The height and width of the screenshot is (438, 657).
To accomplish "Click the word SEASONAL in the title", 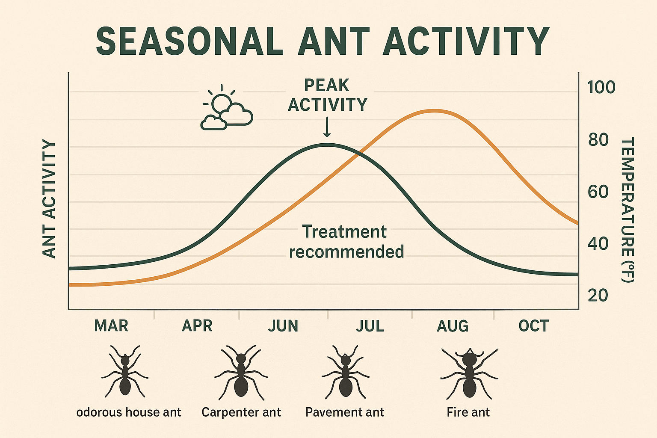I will [189, 41].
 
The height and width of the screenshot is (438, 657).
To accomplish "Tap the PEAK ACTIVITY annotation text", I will [327, 95].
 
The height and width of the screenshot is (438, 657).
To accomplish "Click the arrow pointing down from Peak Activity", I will [327, 127].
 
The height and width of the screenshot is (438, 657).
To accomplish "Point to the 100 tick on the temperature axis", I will [601, 87].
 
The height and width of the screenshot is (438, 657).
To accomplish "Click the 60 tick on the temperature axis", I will [598, 192].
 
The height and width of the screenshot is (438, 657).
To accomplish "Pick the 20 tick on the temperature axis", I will [598, 295].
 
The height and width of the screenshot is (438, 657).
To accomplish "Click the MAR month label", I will [111, 326].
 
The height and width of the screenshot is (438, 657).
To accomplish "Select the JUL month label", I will [370, 326].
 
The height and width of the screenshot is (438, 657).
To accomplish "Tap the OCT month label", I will [533, 326].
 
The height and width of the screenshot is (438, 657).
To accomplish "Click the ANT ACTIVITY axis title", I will [50, 199].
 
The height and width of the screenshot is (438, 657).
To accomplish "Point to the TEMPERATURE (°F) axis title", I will [627, 210].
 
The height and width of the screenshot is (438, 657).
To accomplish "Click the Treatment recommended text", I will [346, 242].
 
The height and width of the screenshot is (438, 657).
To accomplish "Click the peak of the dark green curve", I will [327, 145].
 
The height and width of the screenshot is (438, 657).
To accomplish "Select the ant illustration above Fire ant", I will [469, 373].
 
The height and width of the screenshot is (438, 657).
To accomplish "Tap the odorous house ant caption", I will [129, 412].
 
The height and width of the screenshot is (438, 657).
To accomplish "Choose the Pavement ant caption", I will [345, 412].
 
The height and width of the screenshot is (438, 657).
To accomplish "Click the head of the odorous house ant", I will [125, 361].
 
